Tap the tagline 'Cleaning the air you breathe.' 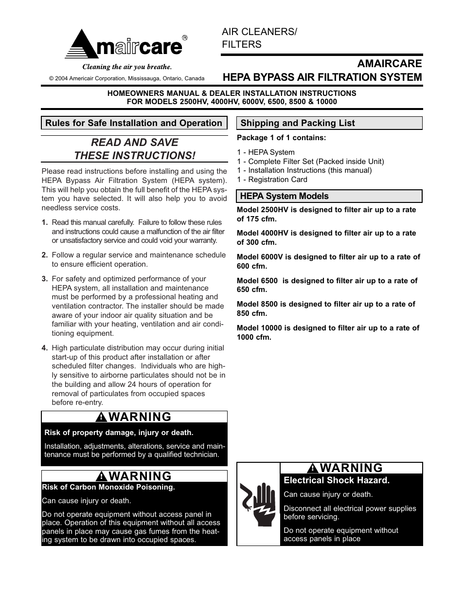126,67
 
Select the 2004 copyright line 126,78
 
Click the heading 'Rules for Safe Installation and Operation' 134,123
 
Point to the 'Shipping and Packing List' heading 298,123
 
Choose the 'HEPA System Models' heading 285,196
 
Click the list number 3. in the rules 45,279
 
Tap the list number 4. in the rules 45,348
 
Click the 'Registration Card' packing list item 278,180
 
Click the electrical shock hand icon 258,504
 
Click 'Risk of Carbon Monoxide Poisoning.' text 108,487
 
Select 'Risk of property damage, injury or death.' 119,433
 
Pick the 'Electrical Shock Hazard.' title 337,480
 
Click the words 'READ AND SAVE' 135,143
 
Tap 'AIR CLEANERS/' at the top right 259,32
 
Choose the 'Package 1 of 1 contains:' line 281,138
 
